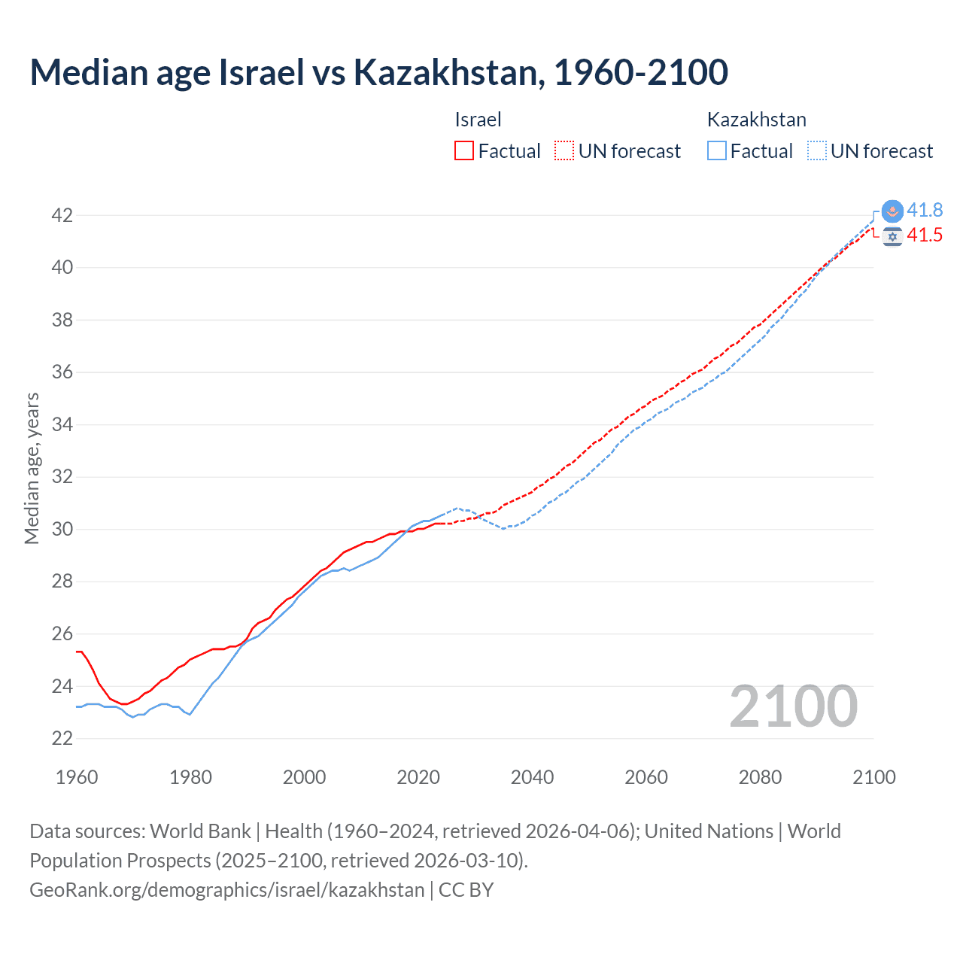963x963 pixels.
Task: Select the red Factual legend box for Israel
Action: (x=464, y=151)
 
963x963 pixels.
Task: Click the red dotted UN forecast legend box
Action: (x=564, y=151)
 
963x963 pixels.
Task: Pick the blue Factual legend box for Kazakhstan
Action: (x=717, y=151)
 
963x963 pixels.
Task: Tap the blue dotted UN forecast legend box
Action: (x=817, y=151)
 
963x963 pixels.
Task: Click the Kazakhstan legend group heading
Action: (x=756, y=120)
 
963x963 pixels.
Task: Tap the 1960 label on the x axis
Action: (x=77, y=777)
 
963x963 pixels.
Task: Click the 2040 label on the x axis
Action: (x=532, y=777)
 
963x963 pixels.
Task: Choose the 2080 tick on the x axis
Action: (x=760, y=777)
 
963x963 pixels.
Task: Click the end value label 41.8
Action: (x=925, y=211)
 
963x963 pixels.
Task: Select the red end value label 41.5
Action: (x=925, y=235)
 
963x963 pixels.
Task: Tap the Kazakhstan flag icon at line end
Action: (x=892, y=211)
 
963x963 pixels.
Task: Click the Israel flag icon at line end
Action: (x=892, y=236)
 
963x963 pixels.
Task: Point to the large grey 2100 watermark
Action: (x=793, y=706)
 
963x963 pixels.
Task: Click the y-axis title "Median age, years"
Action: (x=32, y=468)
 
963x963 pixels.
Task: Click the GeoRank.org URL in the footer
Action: (x=226, y=890)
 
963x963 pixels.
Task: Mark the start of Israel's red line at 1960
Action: (x=77, y=652)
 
